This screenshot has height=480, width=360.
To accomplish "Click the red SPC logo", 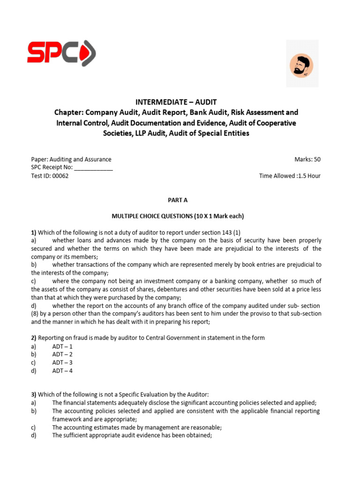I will (x=61, y=52).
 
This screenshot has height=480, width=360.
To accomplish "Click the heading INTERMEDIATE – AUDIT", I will (x=176, y=102).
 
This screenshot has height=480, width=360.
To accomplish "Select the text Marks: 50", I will (x=307, y=159).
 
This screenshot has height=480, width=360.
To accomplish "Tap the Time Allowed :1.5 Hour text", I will (x=290, y=176).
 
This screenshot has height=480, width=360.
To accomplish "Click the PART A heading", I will (x=178, y=200).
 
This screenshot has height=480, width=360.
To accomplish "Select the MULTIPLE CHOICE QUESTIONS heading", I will (x=178, y=216).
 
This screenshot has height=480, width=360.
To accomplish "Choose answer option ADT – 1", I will (x=62, y=346).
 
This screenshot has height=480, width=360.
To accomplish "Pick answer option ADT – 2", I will (x=62, y=354).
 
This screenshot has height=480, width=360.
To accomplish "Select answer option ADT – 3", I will (x=62, y=363).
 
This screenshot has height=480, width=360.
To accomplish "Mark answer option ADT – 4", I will (x=62, y=371).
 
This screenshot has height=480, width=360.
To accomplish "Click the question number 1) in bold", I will (x=34, y=232).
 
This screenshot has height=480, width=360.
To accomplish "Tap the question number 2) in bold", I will (x=34, y=338).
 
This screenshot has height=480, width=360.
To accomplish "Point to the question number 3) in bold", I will (x=34, y=395).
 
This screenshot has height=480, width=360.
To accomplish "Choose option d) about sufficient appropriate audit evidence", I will (x=132, y=435).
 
